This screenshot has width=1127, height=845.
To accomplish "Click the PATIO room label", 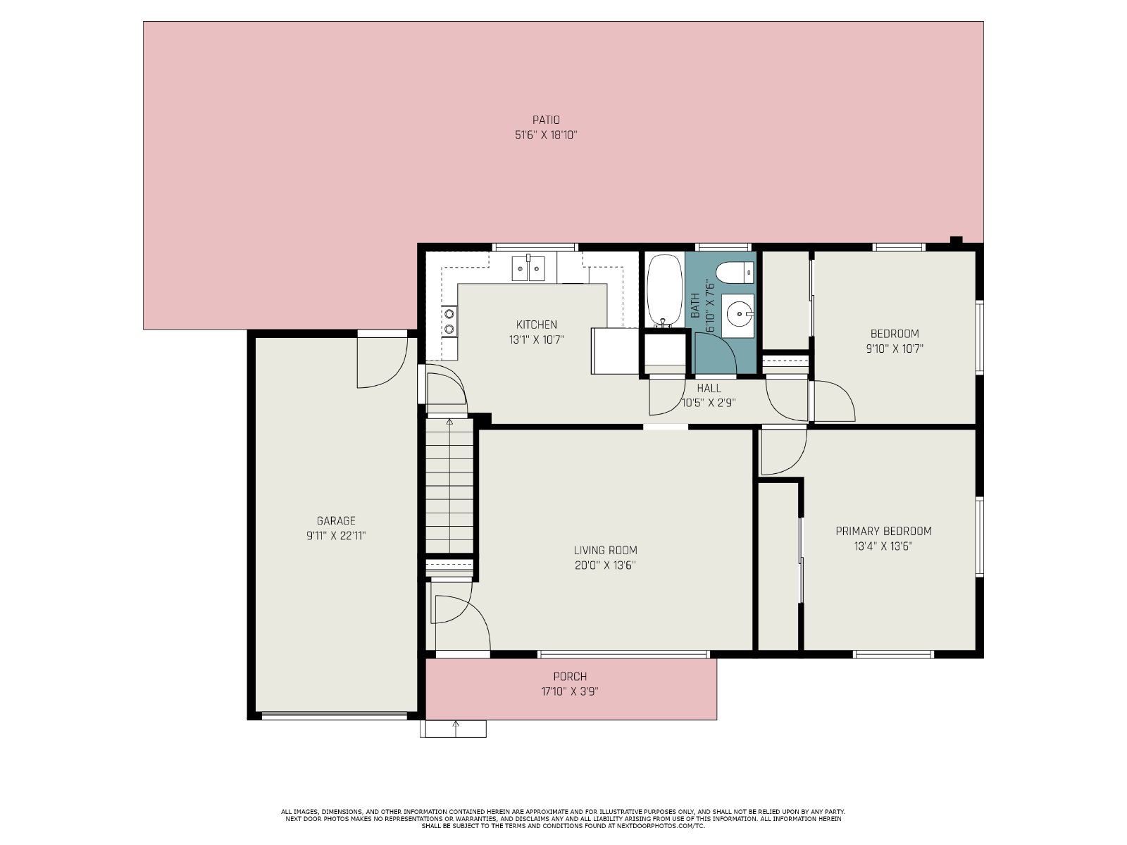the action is [546, 120].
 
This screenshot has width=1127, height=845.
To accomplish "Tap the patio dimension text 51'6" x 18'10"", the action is [546, 135].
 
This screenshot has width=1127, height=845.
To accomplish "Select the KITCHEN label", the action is [537, 325].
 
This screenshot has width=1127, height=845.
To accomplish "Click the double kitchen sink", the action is [528, 268].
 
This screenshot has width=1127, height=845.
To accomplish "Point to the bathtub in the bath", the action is [664, 291].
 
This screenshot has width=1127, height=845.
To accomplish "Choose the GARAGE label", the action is [336, 521].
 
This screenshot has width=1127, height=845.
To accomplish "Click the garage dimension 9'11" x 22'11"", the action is [336, 536].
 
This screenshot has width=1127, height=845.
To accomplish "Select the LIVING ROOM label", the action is [605, 551].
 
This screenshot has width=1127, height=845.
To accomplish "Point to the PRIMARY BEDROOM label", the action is [883, 532].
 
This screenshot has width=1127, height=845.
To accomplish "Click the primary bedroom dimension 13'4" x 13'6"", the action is [883, 546].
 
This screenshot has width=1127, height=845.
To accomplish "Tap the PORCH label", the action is [570, 677].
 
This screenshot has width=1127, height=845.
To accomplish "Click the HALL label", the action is [709, 389].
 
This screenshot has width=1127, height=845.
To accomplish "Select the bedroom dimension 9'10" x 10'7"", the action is [895, 349].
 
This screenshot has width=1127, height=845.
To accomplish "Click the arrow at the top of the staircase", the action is [450, 423].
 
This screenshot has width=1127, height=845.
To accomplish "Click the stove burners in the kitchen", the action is [449, 321].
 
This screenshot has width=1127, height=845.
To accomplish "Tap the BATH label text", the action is [695, 306].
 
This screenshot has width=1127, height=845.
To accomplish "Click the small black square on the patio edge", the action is [956, 239].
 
